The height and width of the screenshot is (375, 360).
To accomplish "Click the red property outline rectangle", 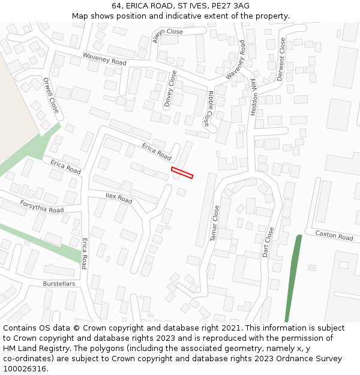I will (x=182, y=173).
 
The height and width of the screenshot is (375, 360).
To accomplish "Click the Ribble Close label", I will (x=208, y=108).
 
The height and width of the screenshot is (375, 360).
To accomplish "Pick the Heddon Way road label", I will (x=253, y=96).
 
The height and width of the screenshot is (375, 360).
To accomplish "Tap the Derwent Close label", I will (x=283, y=55).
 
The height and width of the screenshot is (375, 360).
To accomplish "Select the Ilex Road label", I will (x=119, y=197).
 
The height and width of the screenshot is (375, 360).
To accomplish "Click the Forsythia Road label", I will (x=41, y=206).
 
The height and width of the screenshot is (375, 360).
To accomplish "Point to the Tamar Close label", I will (x=215, y=223).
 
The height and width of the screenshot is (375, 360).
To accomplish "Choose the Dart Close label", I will (x=268, y=242).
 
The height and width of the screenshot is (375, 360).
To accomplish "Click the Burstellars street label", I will (x=59, y=283).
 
